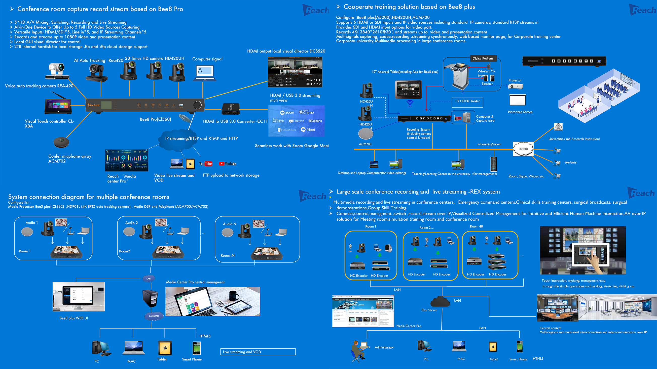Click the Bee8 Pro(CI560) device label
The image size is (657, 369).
[155, 119]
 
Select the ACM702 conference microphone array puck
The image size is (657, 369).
[61, 142]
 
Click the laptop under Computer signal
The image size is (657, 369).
[205, 73]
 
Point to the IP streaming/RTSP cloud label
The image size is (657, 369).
[201, 138]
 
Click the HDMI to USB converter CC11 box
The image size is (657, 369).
[231, 109]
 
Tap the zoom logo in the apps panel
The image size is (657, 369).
[287, 113]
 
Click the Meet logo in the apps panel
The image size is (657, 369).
[308, 130]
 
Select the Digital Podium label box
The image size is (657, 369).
[483, 58]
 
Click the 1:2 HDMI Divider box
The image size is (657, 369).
[467, 101]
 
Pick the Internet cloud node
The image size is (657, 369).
[523, 149]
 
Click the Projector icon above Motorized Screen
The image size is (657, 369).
[515, 86]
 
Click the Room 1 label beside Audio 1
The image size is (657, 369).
[24, 251]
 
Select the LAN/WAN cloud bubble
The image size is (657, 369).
[154, 316]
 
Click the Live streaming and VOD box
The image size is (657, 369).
[258, 352]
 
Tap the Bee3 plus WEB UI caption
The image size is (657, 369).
[74, 318]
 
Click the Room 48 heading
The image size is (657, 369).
[476, 226]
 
